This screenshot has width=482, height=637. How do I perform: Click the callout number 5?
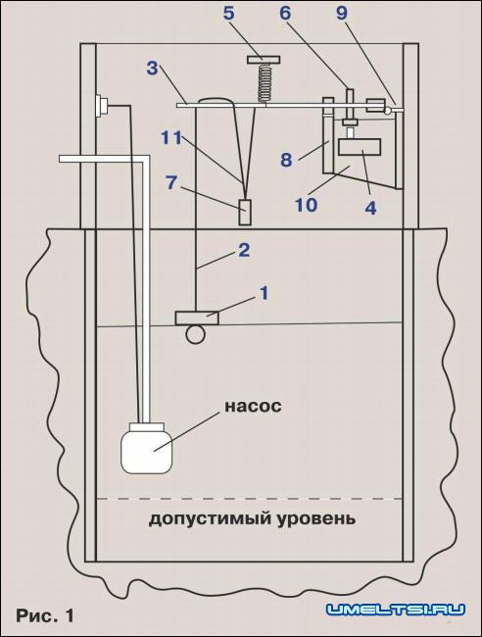[229, 14]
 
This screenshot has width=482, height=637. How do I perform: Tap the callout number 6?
[285, 14]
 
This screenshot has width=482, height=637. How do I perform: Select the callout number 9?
[342, 14]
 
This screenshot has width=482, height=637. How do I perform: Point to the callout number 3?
[152, 69]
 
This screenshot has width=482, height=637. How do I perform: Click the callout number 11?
[171, 138]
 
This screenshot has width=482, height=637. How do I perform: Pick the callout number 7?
[171, 183]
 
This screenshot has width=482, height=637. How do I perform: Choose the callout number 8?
[286, 160]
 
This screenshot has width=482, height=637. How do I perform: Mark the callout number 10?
[307, 205]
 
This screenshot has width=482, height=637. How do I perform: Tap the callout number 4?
[370, 208]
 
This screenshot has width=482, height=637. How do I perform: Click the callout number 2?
[244, 250]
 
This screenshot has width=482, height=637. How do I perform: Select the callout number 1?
[265, 293]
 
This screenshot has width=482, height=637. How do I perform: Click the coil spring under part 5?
[264, 83]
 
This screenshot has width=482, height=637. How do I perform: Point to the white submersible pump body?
[147, 448]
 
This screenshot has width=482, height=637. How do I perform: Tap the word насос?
[253, 407]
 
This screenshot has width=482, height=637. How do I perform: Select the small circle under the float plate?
[195, 334]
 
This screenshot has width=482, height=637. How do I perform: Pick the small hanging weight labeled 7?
[245, 212]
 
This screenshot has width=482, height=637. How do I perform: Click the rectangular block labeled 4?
[360, 147]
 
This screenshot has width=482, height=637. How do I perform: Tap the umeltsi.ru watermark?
[396, 610]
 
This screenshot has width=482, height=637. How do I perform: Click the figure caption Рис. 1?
[45, 615]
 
